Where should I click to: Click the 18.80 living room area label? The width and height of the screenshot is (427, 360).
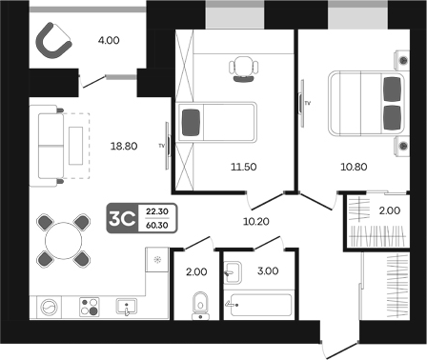tap(124, 146)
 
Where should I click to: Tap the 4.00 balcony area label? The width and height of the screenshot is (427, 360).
tap(109, 40)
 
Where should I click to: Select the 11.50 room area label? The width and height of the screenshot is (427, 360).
tap(244, 167)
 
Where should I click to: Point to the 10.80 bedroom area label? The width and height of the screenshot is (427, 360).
tap(354, 167)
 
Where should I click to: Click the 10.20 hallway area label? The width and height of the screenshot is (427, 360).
tap(256, 221)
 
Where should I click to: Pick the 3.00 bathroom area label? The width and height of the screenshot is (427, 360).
tap(268, 270)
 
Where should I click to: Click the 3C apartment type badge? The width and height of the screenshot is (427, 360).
tap(122, 218)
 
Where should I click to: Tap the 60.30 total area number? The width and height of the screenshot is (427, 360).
tap(157, 226)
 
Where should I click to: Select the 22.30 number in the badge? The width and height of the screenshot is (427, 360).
tap(157, 211)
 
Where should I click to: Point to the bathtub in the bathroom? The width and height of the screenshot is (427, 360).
tap(261, 305)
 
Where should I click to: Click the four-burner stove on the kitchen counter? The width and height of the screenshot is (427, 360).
tap(90, 307)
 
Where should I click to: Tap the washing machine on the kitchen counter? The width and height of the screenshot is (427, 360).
tap(49, 308)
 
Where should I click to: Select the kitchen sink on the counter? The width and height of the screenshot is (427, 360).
tap(127, 307)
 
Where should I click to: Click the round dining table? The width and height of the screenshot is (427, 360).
tap(64, 241)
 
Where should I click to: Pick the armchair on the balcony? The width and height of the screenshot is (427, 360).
tap(53, 41)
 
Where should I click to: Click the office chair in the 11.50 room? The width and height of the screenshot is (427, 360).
tap(243, 69)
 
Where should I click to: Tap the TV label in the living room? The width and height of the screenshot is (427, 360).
tap(162, 146)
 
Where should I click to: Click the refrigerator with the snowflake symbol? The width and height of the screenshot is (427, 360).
tap(156, 260)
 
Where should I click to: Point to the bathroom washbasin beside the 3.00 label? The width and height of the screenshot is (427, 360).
tap(233, 272)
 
